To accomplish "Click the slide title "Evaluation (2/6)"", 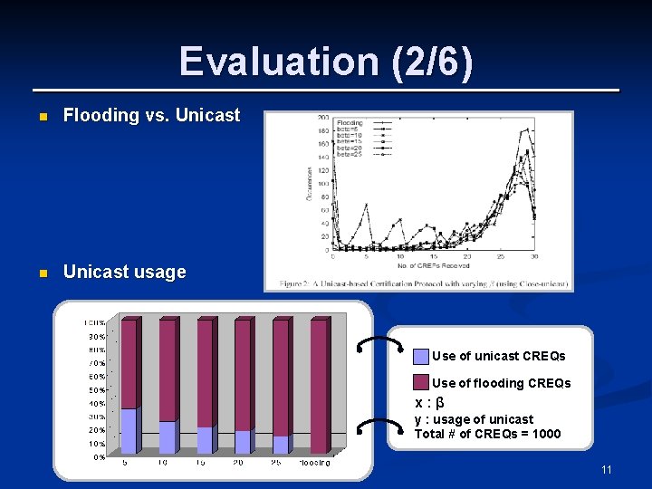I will (x=326, y=62).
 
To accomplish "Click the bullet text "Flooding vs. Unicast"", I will (x=151, y=115).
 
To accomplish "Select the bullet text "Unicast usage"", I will (x=124, y=272).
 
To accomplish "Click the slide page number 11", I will (x=606, y=469).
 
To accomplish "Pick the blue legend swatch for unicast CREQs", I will (x=420, y=356).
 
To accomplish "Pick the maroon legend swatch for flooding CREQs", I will (x=420, y=383).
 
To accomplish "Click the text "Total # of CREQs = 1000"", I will (x=487, y=434).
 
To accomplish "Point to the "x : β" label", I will (x=428, y=403).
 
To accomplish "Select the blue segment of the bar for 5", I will (x=128, y=431).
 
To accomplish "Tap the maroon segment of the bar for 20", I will (x=242, y=376).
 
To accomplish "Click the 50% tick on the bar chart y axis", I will (x=95, y=389).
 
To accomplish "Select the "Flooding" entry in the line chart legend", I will (x=350, y=122).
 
